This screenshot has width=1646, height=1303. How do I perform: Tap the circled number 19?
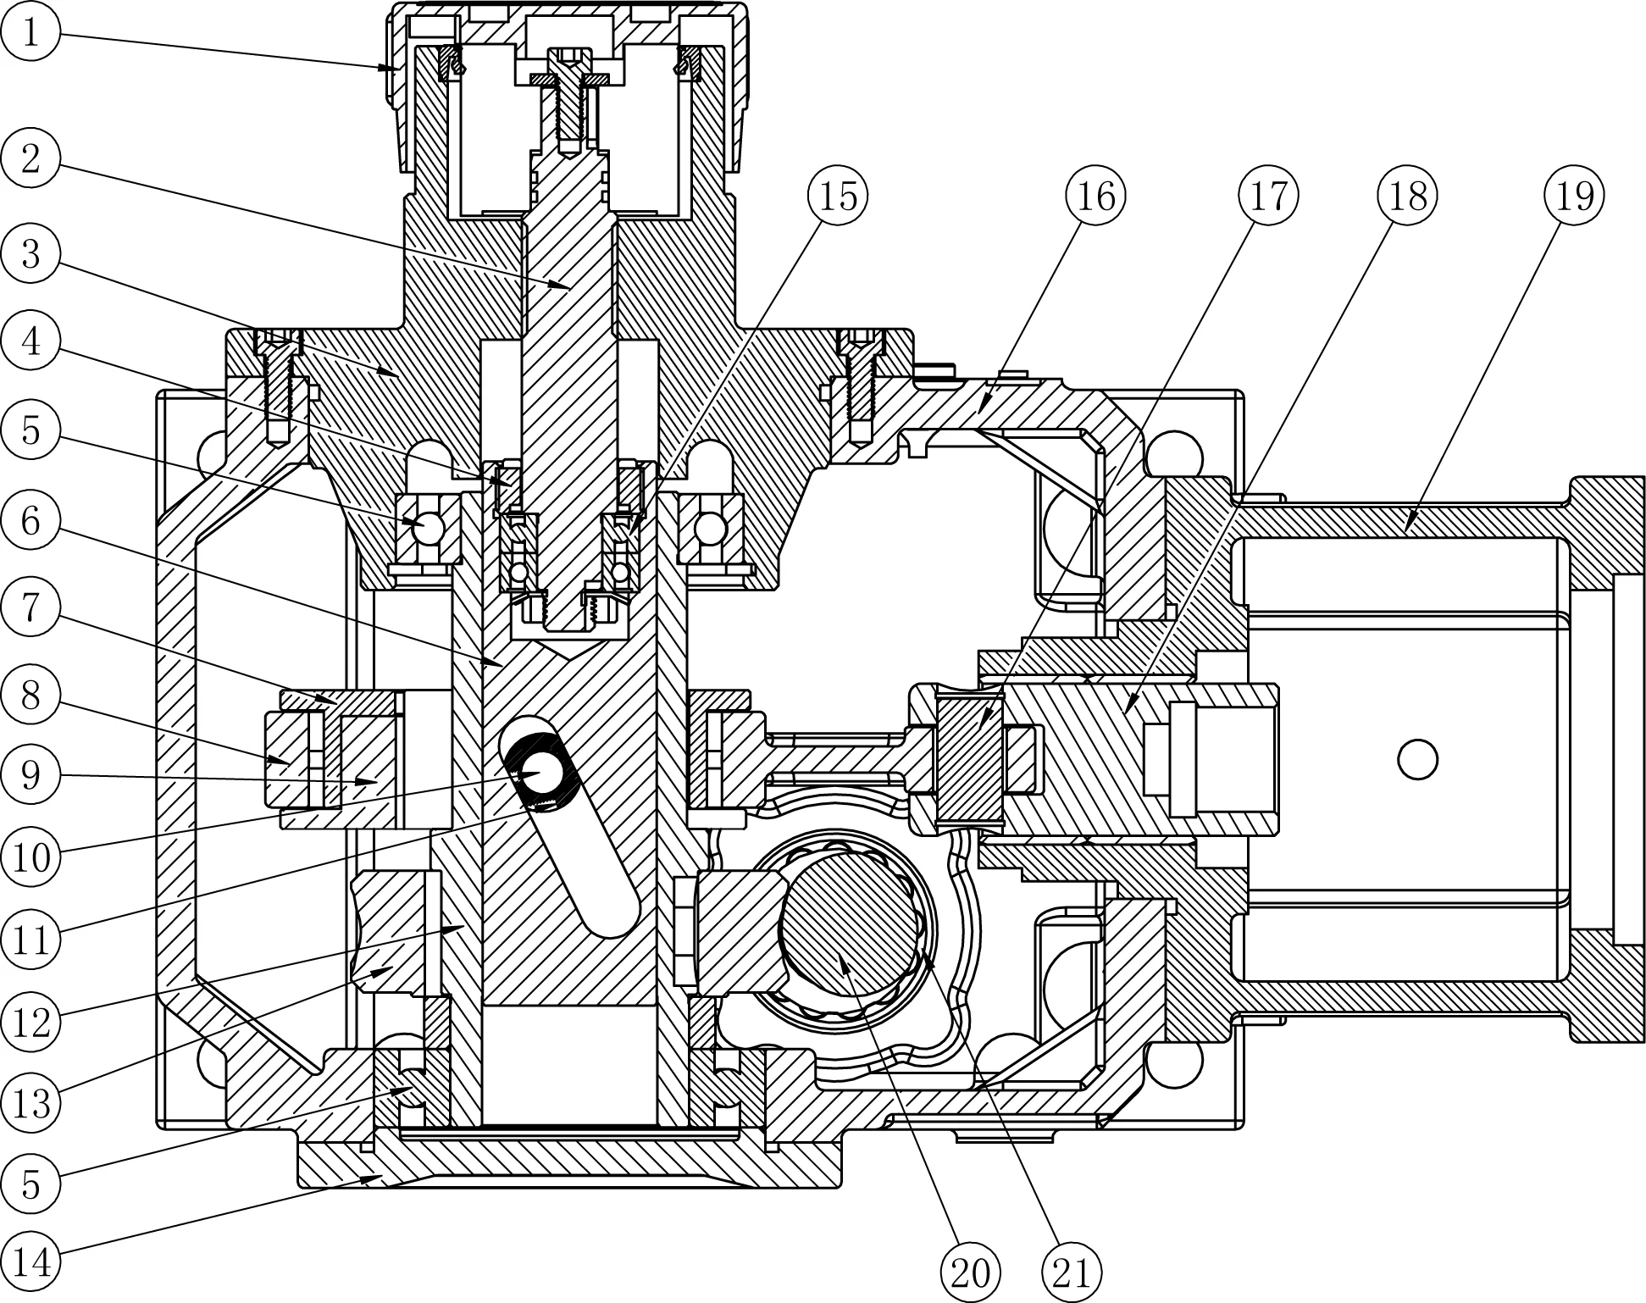click(1574, 196)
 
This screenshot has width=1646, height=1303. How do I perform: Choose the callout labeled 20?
click(971, 1272)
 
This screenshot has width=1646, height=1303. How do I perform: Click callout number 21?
click(1071, 1272)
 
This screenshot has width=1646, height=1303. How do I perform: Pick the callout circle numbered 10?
click(30, 857)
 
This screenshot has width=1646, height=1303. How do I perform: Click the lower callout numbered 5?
click(30, 1184)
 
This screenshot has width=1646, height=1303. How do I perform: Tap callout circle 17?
click(1267, 196)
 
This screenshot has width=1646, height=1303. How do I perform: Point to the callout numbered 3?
click(30, 252)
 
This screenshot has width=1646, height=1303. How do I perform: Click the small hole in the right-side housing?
click(1417, 759)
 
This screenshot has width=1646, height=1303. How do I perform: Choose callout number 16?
click(1095, 196)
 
